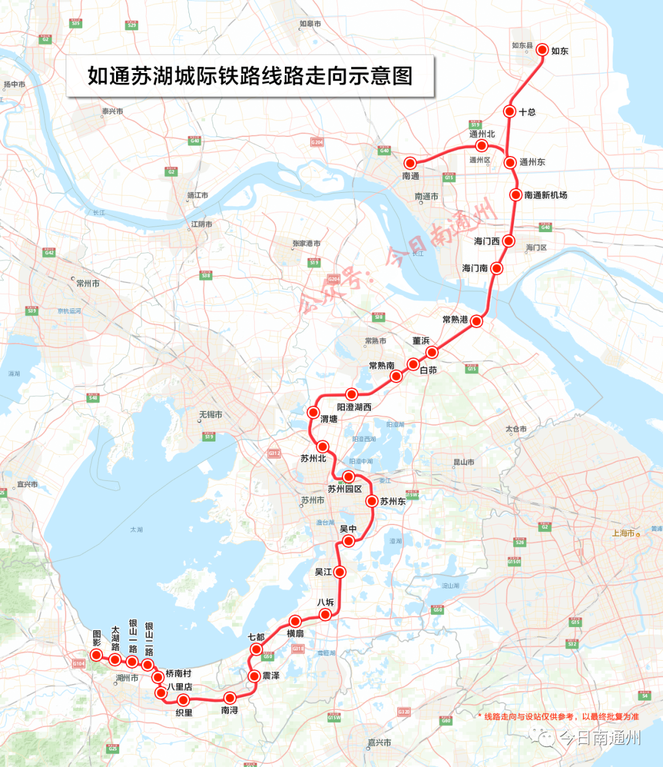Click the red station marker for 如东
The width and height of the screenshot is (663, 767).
click(x=542, y=50)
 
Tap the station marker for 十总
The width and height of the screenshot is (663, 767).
click(x=510, y=111)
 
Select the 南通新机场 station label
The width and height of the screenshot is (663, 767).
click(x=546, y=195)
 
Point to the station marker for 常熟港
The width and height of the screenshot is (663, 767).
click(x=476, y=321)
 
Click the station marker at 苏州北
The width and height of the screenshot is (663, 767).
click(x=323, y=446)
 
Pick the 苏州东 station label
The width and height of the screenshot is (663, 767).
click(x=393, y=501)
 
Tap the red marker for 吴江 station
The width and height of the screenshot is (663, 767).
click(x=339, y=572)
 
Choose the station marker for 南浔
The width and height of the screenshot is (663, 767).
click(x=230, y=698)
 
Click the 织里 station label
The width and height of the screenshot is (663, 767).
click(x=184, y=712)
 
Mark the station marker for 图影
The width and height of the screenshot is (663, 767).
click(x=96, y=655)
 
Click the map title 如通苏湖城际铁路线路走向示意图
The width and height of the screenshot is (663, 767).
click(x=250, y=76)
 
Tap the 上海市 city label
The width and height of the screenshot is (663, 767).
click(x=623, y=533)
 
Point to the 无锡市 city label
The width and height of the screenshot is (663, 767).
click(x=211, y=415)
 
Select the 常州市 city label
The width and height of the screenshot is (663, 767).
click(x=88, y=283)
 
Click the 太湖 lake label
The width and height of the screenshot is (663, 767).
click(x=136, y=529)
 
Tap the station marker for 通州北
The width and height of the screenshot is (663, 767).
click(x=482, y=146)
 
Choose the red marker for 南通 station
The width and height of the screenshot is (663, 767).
click(x=410, y=163)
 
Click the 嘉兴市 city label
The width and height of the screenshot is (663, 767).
click(x=380, y=742)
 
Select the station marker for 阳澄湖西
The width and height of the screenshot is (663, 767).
click(x=351, y=394)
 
